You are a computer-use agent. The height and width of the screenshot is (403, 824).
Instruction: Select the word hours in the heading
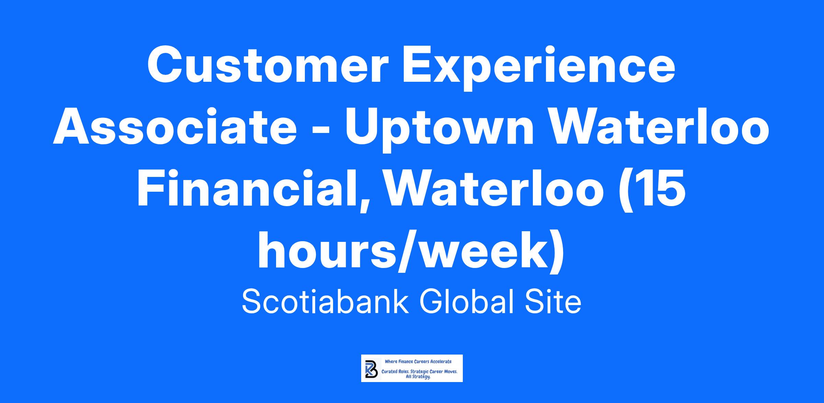click(331, 251)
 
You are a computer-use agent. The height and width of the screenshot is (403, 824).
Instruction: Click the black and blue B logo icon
click(371, 369)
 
